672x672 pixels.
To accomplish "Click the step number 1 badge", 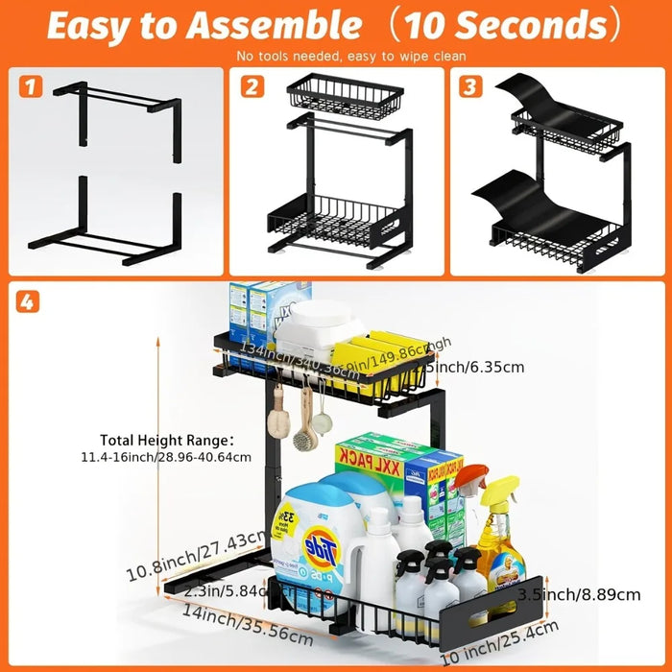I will (32, 87).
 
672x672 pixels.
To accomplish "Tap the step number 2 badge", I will (253, 87).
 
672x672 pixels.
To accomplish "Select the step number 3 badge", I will (469, 87).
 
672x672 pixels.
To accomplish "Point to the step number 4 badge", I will (30, 302).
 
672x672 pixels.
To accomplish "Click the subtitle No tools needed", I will (336, 57).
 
